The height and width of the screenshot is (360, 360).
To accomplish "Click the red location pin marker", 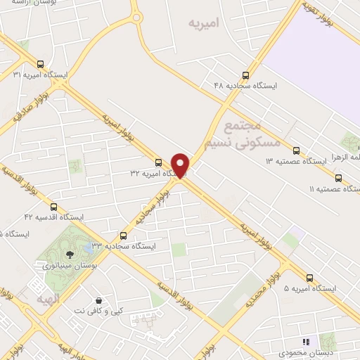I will [181, 165].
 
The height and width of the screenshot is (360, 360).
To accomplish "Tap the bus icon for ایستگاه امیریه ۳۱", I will [41, 62].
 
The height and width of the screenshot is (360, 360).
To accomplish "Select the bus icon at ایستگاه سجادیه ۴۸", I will [245, 75].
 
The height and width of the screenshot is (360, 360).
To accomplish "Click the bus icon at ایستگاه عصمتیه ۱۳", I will [296, 150].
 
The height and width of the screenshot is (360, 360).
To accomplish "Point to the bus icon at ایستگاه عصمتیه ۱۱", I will [339, 178].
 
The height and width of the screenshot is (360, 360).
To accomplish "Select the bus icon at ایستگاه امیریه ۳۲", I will [158, 162].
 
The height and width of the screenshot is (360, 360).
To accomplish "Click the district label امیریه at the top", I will [204, 22].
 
